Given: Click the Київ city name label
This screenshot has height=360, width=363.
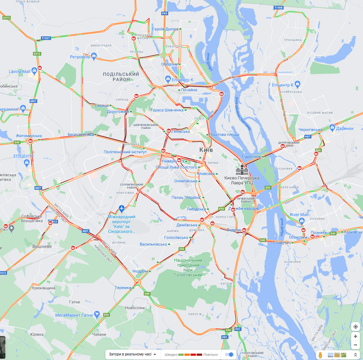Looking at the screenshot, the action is click(x=206, y=149).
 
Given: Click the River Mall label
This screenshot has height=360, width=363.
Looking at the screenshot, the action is click(x=299, y=215).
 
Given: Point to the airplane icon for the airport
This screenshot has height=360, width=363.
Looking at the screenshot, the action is click(x=122, y=209).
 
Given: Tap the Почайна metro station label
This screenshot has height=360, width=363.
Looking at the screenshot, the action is click(x=189, y=90).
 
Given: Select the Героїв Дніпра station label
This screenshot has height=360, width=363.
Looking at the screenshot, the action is click(x=165, y=29).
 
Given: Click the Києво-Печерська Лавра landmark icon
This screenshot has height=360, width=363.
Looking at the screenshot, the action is click(x=241, y=170).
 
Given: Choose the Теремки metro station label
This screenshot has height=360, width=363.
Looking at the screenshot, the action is click(x=123, y=287).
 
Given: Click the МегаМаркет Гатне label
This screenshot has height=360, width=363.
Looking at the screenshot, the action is click(x=74, y=315).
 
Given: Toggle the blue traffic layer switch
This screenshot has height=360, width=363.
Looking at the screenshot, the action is click(x=229, y=354).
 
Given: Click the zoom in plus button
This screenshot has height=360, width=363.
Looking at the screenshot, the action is click(x=355, y=336).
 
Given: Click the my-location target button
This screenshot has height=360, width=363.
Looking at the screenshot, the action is click(x=355, y=327).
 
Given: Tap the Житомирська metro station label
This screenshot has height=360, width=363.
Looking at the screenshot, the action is click(x=28, y=136).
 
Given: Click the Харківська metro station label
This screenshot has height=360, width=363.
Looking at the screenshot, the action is click(x=352, y=232).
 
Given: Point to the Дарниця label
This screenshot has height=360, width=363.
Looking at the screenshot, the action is click(x=344, y=128).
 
